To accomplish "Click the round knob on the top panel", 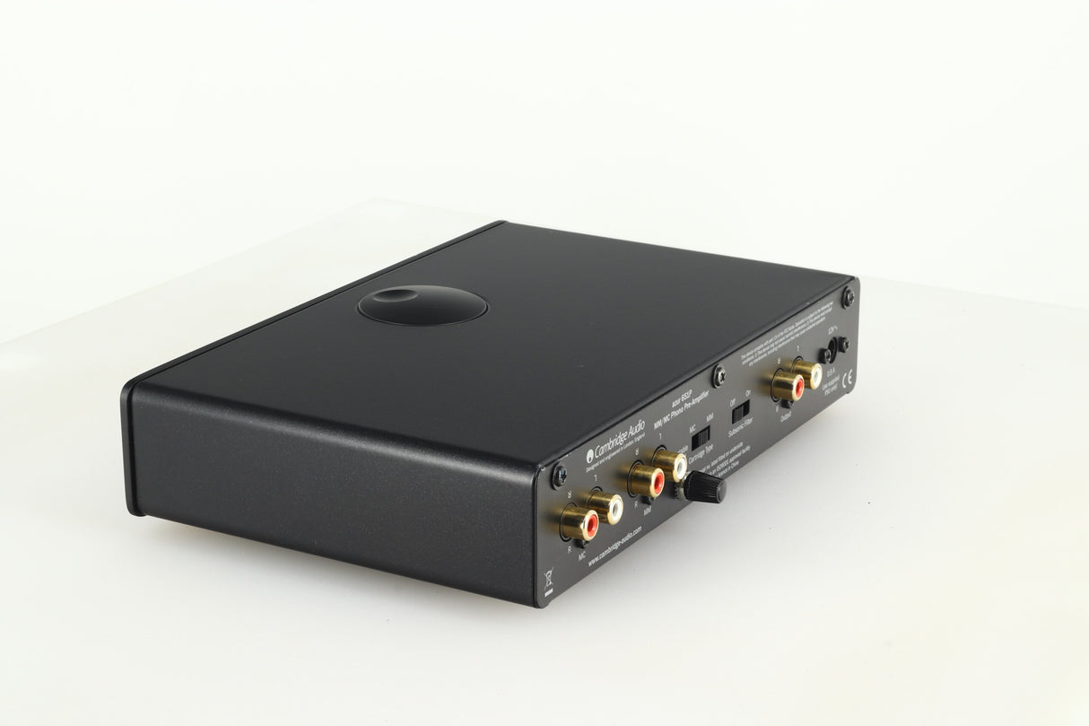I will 423,302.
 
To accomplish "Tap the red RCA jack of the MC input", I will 573,520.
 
